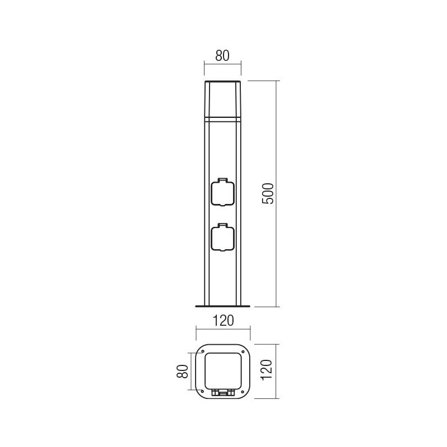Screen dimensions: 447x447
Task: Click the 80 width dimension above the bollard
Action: pos(222,56)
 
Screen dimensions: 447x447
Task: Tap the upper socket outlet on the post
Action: pos(222,193)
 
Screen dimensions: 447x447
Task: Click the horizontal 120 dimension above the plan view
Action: pos(223,321)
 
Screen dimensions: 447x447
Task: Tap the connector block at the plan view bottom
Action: pos(223,392)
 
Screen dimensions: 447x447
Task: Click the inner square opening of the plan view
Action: pos(223,369)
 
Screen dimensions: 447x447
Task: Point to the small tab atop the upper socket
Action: pos(222,180)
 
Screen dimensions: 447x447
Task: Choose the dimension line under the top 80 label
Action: pos(222,65)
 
